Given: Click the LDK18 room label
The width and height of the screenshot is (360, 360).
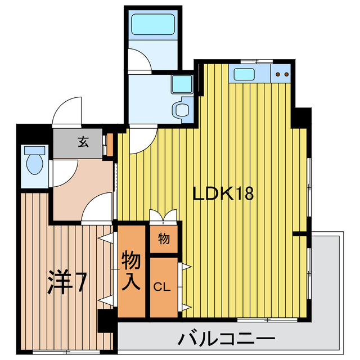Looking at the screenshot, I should (x=223, y=194).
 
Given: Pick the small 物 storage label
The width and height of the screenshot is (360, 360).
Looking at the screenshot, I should (x=164, y=239).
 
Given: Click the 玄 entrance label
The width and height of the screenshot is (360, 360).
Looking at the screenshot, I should (x=83, y=142).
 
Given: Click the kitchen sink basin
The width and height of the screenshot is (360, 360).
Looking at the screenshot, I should (x=245, y=74).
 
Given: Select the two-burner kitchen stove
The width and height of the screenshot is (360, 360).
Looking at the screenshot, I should (x=282, y=74).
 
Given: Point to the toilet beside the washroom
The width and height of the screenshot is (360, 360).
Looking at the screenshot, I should (x=182, y=109).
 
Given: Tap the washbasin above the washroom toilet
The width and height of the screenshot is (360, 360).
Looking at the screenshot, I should (x=182, y=84).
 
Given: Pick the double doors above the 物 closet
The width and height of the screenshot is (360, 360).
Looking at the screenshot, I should (x=164, y=216).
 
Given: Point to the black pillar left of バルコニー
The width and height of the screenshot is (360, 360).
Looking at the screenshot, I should (x=106, y=322).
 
